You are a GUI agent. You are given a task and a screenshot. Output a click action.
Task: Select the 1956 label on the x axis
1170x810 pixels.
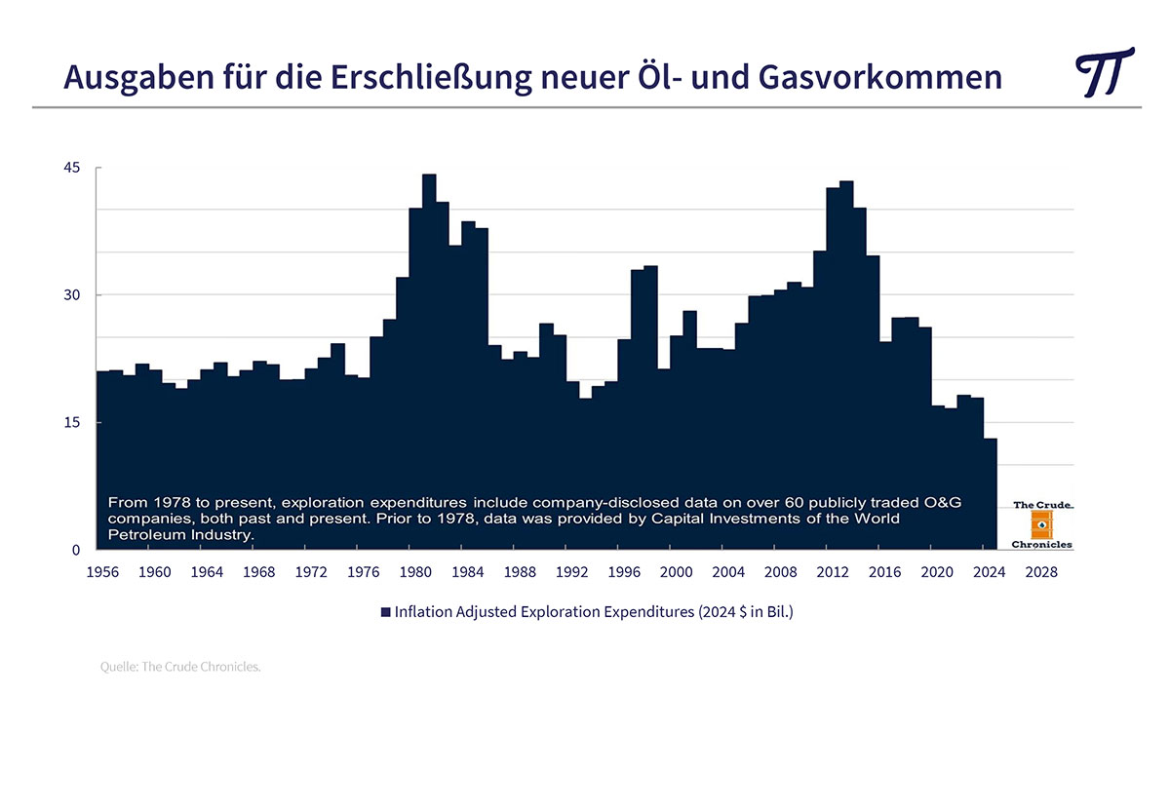(103, 572)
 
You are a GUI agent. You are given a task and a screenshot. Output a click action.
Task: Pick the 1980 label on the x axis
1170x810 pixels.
(415, 572)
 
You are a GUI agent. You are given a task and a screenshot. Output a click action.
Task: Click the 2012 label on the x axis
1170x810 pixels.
(833, 572)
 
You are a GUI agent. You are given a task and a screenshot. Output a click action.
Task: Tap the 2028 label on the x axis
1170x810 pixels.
(1041, 572)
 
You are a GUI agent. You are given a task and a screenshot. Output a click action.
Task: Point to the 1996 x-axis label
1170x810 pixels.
(624, 572)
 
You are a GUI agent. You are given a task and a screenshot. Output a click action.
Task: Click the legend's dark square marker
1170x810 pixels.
(385, 613)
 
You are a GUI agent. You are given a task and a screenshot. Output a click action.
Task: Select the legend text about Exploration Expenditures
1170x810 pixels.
(594, 612)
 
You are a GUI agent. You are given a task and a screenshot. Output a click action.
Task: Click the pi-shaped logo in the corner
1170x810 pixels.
(1104, 72)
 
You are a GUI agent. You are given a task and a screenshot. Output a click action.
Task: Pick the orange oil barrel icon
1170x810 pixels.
(1041, 524)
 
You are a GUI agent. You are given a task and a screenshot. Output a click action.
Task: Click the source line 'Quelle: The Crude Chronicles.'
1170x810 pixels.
(180, 668)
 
